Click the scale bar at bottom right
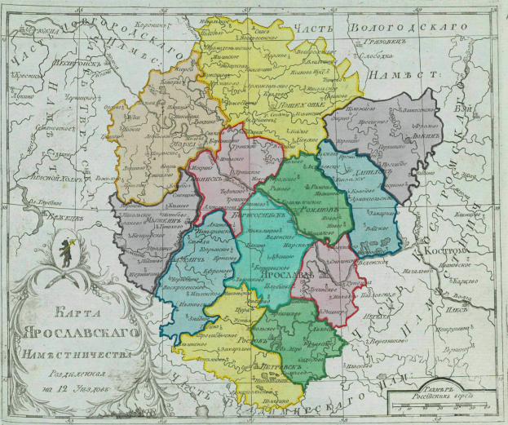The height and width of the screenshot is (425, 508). [x=441, y=402]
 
